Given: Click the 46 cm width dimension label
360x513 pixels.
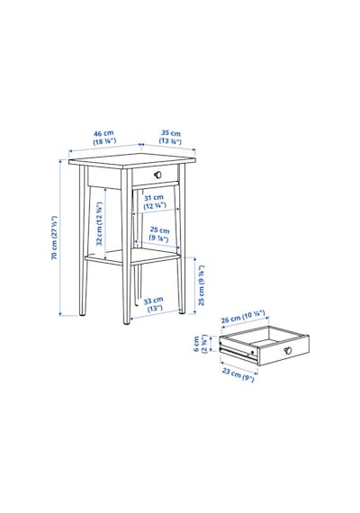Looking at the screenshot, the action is (x=103, y=138).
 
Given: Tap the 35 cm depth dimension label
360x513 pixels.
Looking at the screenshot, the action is (x=170, y=138).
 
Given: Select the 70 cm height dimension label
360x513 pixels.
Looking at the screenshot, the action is (x=54, y=238).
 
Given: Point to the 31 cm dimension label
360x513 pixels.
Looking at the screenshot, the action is (x=155, y=202).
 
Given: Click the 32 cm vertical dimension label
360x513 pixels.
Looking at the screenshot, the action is (x=100, y=223).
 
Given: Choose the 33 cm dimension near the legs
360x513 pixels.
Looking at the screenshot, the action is (x=153, y=304).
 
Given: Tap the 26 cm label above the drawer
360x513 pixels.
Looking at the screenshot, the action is (x=242, y=317).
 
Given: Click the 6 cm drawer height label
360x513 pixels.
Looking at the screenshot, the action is (x=200, y=344).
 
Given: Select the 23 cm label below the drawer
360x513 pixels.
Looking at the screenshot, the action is (x=238, y=374).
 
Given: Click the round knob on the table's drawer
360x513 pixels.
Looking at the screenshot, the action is (x=158, y=175).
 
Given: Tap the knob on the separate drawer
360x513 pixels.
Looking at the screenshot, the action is (x=288, y=350).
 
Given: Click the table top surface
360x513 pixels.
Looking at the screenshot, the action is (x=132, y=160).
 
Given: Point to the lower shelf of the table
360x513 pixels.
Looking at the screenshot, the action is (x=132, y=256).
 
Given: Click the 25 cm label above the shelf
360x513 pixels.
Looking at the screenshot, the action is (x=159, y=234).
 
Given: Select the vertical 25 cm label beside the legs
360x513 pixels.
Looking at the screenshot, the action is (x=202, y=285).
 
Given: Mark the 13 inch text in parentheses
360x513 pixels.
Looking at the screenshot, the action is (x=155, y=308).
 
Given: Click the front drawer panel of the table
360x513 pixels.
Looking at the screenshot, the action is (x=155, y=175).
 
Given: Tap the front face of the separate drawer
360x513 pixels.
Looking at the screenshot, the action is (x=283, y=350).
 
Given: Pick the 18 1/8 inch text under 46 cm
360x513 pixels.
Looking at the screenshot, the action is (x=104, y=141).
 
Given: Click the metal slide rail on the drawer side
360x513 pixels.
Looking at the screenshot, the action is (x=238, y=354).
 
